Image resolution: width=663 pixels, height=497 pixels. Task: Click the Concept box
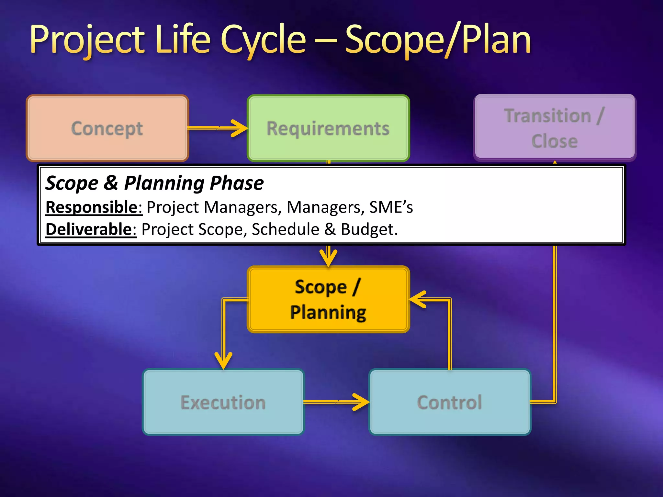point(107,128)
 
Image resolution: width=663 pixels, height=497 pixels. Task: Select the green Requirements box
point(328,128)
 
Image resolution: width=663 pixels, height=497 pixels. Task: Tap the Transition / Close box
point(555,128)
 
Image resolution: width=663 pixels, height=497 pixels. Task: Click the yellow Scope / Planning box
point(328,299)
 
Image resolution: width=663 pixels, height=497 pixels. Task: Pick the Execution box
point(223,402)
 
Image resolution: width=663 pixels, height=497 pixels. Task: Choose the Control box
point(450,402)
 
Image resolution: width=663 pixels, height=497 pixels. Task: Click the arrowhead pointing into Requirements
point(240,128)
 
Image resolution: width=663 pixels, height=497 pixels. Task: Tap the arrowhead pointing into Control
point(361,402)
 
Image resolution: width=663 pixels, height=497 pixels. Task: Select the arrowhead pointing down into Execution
point(223,361)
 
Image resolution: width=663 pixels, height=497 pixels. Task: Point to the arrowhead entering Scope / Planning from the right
point(418,299)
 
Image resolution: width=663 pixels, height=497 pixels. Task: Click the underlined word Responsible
point(94,207)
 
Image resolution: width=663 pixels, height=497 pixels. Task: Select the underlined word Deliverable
point(91,229)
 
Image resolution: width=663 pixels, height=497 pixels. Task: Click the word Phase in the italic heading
point(237,183)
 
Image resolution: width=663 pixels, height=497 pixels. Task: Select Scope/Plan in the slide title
point(438,40)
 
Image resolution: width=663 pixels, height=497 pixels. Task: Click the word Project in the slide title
point(87,40)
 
